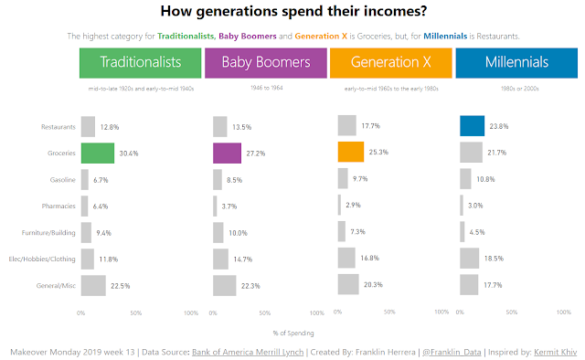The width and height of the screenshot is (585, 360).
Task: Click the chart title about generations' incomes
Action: click(292, 12)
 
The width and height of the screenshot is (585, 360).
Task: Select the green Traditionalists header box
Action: click(140, 63)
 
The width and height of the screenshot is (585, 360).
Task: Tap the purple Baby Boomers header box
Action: click(265, 63)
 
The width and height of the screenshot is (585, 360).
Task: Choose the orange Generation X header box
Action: click(390, 63)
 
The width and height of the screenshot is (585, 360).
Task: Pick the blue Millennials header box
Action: click(516, 63)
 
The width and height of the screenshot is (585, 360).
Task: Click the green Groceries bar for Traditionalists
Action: click(98, 153)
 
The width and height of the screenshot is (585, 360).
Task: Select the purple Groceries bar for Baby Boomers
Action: click(227, 153)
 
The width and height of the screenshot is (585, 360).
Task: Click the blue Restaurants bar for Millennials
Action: click(472, 126)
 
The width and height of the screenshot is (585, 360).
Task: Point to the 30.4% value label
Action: click(129, 154)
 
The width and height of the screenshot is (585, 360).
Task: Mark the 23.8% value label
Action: click(498, 126)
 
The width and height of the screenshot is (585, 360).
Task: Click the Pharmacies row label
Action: click(58, 206)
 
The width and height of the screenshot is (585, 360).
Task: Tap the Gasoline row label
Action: click(60, 180)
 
